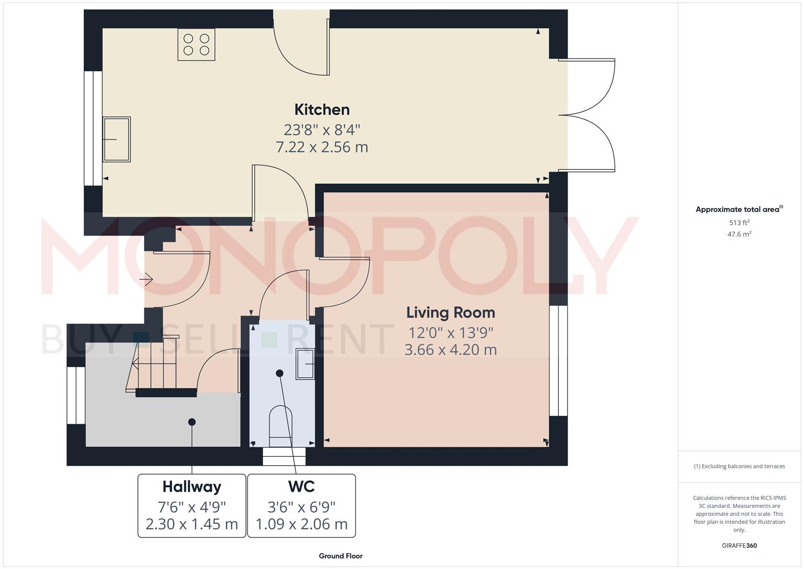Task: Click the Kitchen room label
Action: [x=322, y=110]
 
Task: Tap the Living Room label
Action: [x=450, y=312]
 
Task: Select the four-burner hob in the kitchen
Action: [x=196, y=44]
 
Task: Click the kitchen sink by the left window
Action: [x=116, y=139]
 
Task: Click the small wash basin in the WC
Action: [x=305, y=364]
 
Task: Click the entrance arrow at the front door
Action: [x=146, y=279]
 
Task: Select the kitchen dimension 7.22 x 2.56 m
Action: [x=322, y=147]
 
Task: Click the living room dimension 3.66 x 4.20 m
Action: [x=450, y=350]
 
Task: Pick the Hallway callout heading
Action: [x=192, y=486]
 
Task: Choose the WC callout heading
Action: [x=301, y=486]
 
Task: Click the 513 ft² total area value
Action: [x=739, y=223]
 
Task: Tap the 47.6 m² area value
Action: [x=739, y=234]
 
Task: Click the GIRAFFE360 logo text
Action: [x=739, y=546]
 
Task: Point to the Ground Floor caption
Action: [x=341, y=556]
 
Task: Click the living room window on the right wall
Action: [x=558, y=361]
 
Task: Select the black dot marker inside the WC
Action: [x=280, y=373]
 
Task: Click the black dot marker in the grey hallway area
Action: [x=192, y=421]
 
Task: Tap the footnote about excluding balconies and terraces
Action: [x=739, y=466]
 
